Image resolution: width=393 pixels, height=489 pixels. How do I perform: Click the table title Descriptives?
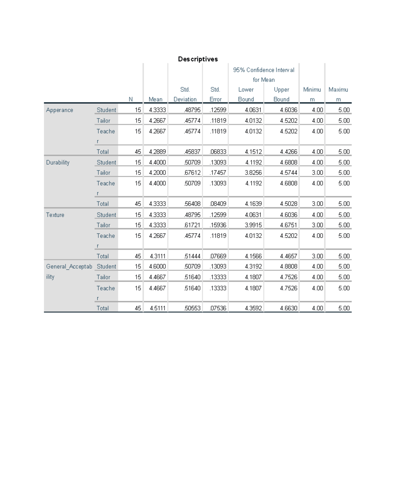[198, 59]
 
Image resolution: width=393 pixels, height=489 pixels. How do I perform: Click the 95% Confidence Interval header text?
[264, 70]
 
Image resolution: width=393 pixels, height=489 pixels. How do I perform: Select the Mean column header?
[156, 99]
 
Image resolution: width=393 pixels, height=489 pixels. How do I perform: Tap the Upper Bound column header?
[281, 94]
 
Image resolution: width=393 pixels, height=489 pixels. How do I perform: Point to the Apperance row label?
[60, 110]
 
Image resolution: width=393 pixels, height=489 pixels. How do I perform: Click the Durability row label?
[58, 163]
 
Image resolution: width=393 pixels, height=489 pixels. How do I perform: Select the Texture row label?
[55, 215]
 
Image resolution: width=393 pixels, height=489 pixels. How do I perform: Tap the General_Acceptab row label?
[69, 267]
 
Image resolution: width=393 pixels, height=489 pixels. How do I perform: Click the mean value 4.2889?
[157, 152]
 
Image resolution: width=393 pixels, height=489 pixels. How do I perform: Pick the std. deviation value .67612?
[192, 173]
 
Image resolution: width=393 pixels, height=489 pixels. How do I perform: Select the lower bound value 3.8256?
[253, 173]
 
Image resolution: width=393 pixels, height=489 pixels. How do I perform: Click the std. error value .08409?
[218, 204]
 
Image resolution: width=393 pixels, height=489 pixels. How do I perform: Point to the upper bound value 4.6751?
[289, 225]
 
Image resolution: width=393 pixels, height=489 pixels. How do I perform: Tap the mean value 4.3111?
[158, 256]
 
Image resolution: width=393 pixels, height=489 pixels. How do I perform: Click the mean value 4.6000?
[157, 266]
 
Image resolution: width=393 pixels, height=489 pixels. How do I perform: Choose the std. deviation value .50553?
[192, 308]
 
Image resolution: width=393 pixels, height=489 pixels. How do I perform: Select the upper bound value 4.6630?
[289, 308]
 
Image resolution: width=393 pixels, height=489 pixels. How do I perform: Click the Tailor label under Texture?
[103, 225]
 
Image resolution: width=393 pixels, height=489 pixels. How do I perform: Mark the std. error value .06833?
[218, 152]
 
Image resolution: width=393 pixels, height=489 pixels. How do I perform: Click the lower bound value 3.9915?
[253, 225]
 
